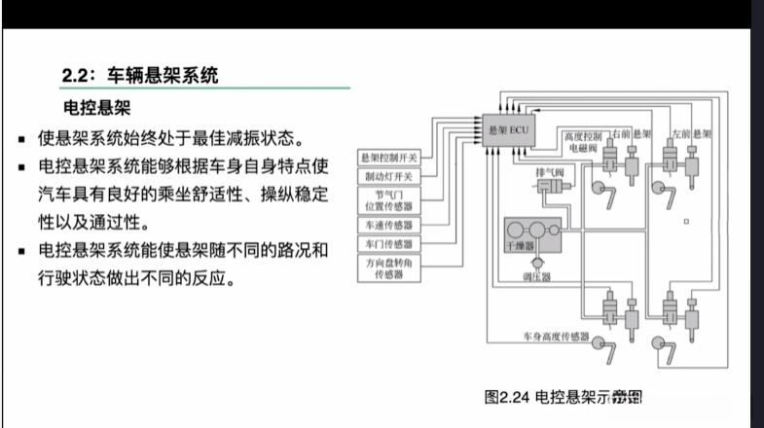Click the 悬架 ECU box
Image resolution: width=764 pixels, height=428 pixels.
(509, 128)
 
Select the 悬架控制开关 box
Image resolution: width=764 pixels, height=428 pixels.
(387, 158)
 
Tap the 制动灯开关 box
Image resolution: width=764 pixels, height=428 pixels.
(387, 177)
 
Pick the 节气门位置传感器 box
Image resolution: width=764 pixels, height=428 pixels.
(387, 201)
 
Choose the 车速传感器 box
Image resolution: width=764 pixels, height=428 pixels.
(387, 225)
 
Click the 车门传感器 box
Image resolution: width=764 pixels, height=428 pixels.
(387, 243)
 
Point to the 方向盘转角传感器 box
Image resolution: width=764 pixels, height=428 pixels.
(387, 268)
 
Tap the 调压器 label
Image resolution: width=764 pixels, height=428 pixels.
(536, 277)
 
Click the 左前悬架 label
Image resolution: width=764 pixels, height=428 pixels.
(693, 131)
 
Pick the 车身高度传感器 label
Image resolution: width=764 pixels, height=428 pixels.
(557, 338)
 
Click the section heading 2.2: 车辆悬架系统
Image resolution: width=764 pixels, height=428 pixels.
(141, 73)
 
